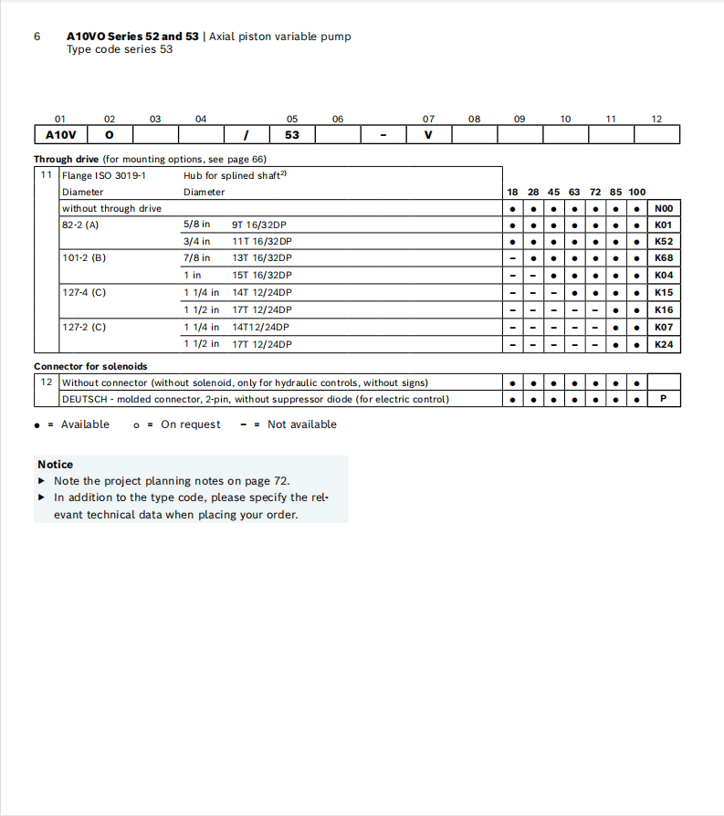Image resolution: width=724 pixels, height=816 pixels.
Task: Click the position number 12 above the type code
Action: pyautogui.click(x=656, y=119)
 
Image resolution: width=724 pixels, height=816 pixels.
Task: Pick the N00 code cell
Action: pyautogui.click(x=664, y=208)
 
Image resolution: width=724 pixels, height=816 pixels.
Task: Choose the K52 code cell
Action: pyautogui.click(x=664, y=242)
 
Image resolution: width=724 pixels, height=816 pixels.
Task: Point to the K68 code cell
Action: pyautogui.click(x=664, y=258)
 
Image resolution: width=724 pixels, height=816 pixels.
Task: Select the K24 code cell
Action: pyautogui.click(x=664, y=344)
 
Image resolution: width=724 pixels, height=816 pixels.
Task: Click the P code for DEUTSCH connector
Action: pyautogui.click(x=664, y=399)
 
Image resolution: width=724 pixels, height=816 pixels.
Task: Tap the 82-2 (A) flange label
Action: pyautogui.click(x=80, y=225)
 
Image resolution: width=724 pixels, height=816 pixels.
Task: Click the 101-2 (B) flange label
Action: pyautogui.click(x=84, y=258)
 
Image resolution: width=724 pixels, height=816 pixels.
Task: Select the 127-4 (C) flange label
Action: pyautogui.click(x=84, y=293)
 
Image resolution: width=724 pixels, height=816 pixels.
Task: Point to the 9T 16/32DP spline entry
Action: pyautogui.click(x=262, y=225)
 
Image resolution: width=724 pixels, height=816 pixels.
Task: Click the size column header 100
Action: pyautogui.click(x=636, y=192)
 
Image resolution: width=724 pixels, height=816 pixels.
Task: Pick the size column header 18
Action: pyautogui.click(x=512, y=192)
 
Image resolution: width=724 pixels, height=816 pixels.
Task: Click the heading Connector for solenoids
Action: pyautogui.click(x=90, y=367)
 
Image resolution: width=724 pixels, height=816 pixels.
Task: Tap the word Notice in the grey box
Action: pyautogui.click(x=56, y=465)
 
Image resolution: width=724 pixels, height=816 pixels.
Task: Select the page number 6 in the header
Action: pyautogui.click(x=37, y=37)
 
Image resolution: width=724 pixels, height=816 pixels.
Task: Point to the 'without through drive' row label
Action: pyautogui.click(x=111, y=208)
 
